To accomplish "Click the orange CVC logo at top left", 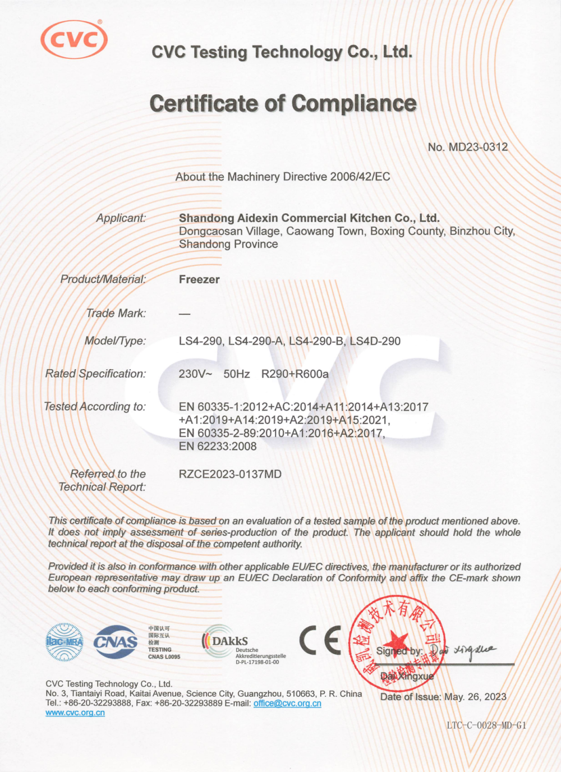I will click(x=74, y=39).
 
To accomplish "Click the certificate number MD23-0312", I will click(x=478, y=147).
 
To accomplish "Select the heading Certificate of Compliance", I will click(x=283, y=104).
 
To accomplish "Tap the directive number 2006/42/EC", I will click(x=360, y=177).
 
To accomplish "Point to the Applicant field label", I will click(x=121, y=218).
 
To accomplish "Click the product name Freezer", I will click(x=199, y=279).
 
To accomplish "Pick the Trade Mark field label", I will click(x=116, y=313).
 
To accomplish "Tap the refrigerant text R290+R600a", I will click(x=295, y=374).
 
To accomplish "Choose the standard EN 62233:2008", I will click(x=218, y=447).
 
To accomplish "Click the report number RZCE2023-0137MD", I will click(x=230, y=474).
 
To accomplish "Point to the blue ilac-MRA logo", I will click(x=65, y=642).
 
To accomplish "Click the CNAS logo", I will click(x=116, y=642).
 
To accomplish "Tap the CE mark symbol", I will click(x=320, y=641).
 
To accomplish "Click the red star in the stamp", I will click(x=398, y=641).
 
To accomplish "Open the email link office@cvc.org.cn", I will click(x=287, y=704).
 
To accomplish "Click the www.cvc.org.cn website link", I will click(x=75, y=713).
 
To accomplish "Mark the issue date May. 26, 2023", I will click(x=475, y=697).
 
